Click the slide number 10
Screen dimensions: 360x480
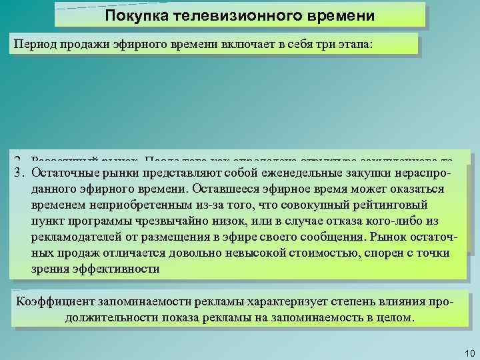(466, 352)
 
